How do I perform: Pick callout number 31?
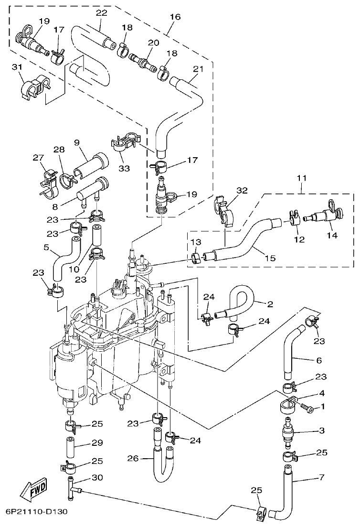click(17, 68)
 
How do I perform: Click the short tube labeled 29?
click(70, 446)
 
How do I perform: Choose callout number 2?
click(270, 303)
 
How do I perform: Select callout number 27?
click(38, 158)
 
